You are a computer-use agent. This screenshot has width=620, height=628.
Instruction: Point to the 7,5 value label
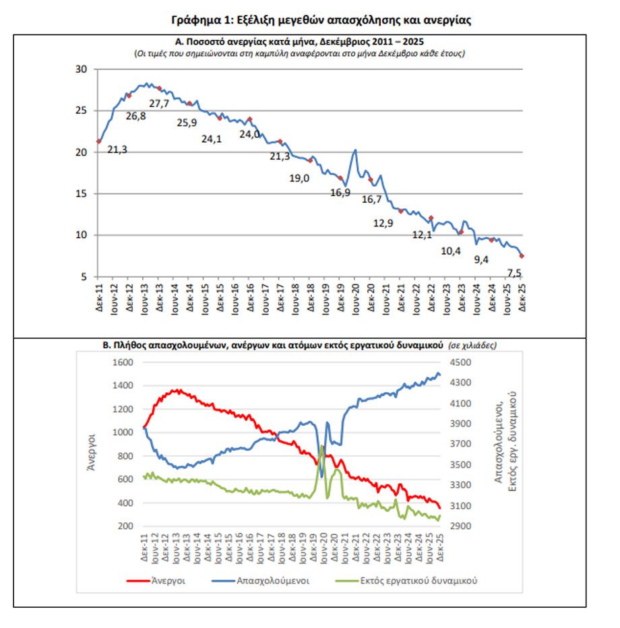click(514, 274)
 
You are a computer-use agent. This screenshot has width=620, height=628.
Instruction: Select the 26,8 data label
click(135, 115)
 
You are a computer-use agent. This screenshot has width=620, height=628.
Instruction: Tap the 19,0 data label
click(299, 178)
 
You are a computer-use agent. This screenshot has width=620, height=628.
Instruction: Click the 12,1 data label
click(422, 234)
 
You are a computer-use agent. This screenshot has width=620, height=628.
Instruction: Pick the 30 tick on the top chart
click(82, 69)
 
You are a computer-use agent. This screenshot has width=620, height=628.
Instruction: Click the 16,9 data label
click(341, 193)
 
